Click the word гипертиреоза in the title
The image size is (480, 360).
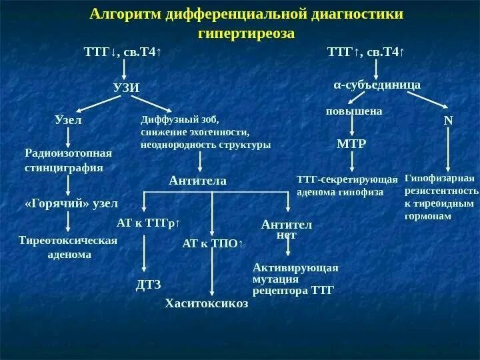point(247,33)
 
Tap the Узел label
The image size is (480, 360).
point(67,120)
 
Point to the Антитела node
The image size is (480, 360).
point(198,181)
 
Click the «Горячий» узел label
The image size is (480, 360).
point(71,203)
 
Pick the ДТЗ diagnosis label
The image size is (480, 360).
point(149,285)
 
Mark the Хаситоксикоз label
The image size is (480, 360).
point(207,303)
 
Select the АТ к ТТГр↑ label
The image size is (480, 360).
point(149,223)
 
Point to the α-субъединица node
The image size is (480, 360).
point(377,85)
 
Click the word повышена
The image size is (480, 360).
point(354,111)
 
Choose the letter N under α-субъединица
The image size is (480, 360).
point(448,121)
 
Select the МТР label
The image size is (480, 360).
point(351,143)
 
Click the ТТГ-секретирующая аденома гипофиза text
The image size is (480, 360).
point(347,185)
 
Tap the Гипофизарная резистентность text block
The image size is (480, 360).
point(441,197)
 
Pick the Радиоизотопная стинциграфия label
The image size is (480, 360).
point(69,160)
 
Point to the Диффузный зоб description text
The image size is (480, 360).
point(205,131)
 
